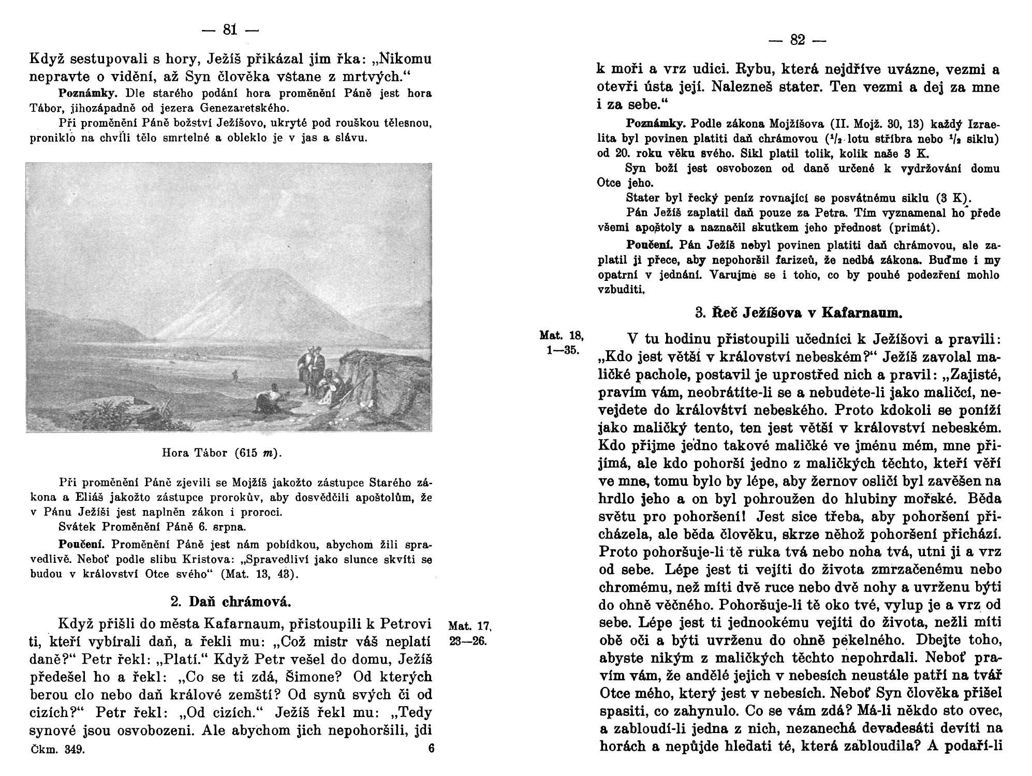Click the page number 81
coord(230,31)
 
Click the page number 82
coord(798,40)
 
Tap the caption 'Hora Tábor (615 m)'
coord(222,453)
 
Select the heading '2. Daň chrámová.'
coord(231,602)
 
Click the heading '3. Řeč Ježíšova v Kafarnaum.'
coord(799,313)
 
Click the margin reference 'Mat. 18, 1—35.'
coord(562,342)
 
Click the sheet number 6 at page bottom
coord(431,749)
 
